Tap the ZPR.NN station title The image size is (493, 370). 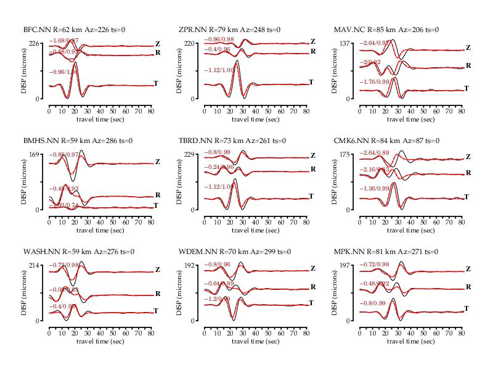[229, 30]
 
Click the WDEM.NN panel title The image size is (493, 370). [232, 252]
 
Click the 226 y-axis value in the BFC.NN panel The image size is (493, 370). [35, 43]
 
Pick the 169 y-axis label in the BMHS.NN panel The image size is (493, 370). [35, 154]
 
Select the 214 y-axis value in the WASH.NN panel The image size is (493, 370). [35, 265]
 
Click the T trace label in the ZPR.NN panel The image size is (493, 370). [311, 83]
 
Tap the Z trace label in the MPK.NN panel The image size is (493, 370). [468, 269]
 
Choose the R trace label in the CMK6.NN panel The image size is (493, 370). [468, 173]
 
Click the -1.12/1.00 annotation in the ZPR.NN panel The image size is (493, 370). [219, 70]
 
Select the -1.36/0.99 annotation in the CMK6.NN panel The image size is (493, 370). [375, 189]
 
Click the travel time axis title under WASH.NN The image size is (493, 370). [100, 342]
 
